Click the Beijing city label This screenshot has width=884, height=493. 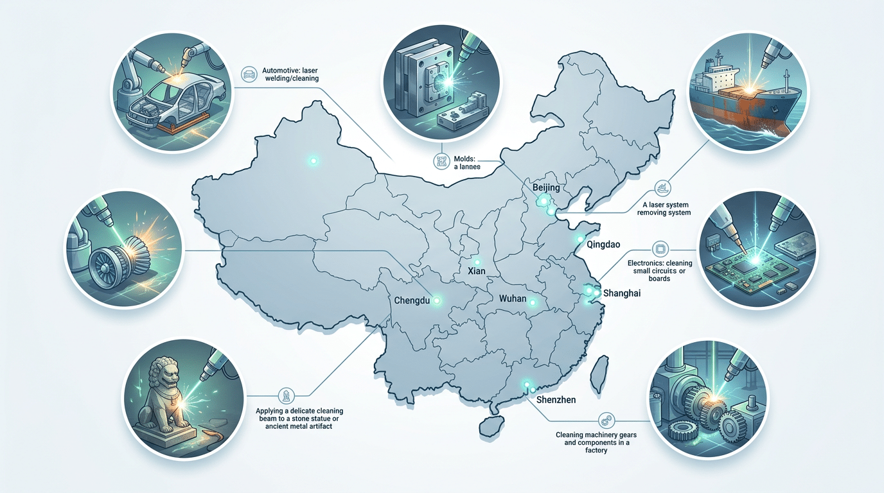[x=547, y=187]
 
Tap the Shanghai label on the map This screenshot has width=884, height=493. [x=623, y=293]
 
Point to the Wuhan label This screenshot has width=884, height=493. [x=513, y=299]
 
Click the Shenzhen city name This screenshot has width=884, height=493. [x=556, y=400]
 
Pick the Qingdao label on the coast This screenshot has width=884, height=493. [x=599, y=245]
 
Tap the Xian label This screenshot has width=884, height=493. [x=477, y=272]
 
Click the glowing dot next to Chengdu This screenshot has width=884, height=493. [x=438, y=300]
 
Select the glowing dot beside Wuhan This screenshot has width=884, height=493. [x=532, y=302]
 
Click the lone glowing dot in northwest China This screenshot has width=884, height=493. [x=314, y=160]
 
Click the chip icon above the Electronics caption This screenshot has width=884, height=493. [x=658, y=248]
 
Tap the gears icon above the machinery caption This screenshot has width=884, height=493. [x=605, y=420]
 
